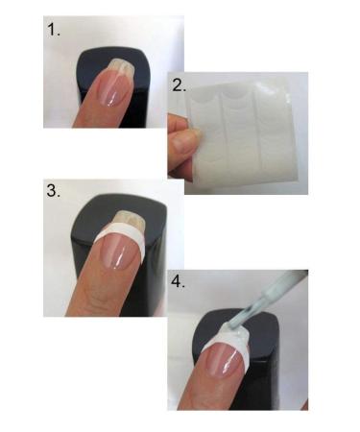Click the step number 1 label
55,31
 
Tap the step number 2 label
179,84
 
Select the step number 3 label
55,190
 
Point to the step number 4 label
179,283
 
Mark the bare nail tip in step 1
120,65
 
